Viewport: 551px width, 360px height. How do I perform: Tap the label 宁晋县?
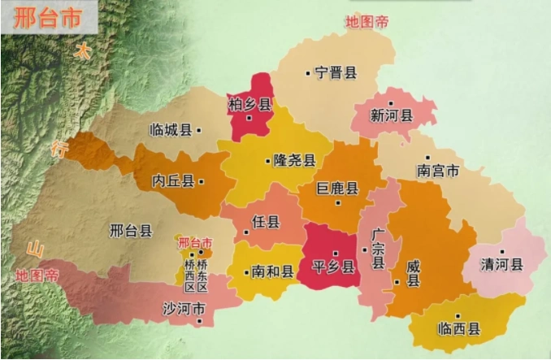336,73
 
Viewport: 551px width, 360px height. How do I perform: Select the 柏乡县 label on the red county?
250,104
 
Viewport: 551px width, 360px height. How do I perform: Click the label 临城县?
171,130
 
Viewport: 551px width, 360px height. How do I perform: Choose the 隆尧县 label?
294,160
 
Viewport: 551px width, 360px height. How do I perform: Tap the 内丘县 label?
173,181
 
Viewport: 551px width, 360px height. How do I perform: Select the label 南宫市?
438,171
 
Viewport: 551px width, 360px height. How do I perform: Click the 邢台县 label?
131,231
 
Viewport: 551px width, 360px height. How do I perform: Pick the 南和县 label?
272,271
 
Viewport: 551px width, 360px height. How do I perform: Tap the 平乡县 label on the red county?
334,267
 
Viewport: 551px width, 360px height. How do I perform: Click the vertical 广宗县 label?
378,249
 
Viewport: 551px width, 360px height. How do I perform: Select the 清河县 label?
502,265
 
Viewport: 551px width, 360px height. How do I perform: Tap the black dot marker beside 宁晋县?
307,74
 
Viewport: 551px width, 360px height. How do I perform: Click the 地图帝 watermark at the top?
367,22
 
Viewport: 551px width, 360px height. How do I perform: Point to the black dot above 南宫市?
427,158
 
